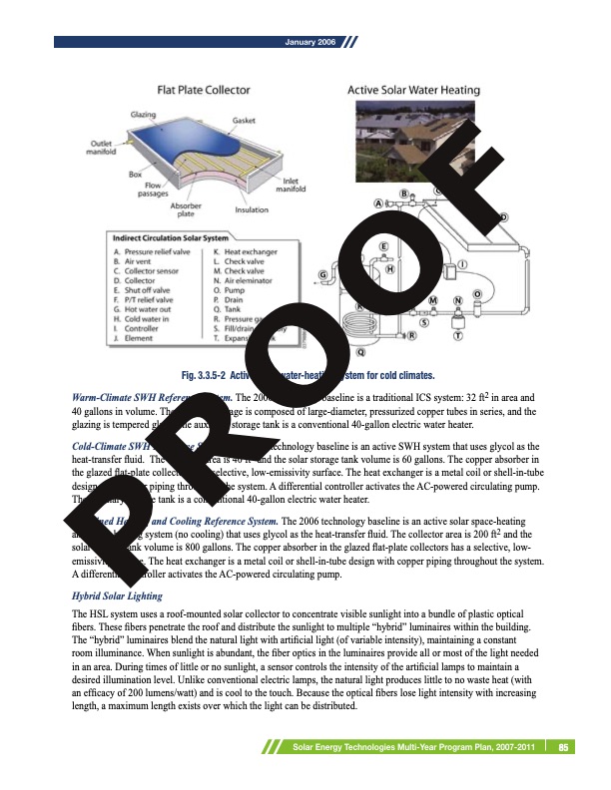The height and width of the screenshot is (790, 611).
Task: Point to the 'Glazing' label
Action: (x=144, y=116)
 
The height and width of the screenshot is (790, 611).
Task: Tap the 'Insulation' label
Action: (x=252, y=210)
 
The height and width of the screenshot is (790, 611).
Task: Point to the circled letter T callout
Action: (x=457, y=336)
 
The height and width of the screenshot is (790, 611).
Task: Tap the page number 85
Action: (x=564, y=746)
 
